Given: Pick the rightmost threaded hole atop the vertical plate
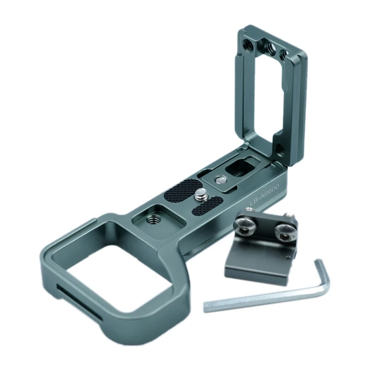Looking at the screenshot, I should (284, 55).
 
